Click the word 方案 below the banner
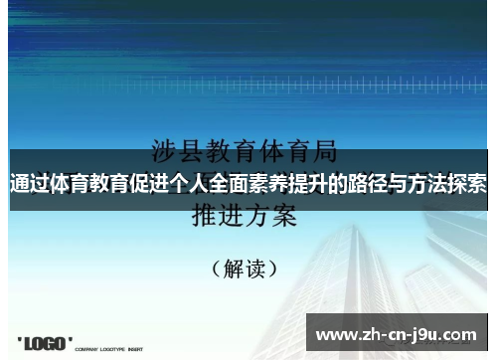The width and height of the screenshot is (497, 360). click(271, 215)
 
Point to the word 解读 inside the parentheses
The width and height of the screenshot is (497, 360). click(244, 269)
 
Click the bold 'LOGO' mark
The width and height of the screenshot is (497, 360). click(46, 343)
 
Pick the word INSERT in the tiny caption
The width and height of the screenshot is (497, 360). click(135, 349)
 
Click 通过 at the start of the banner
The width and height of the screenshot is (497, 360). click(27, 184)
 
